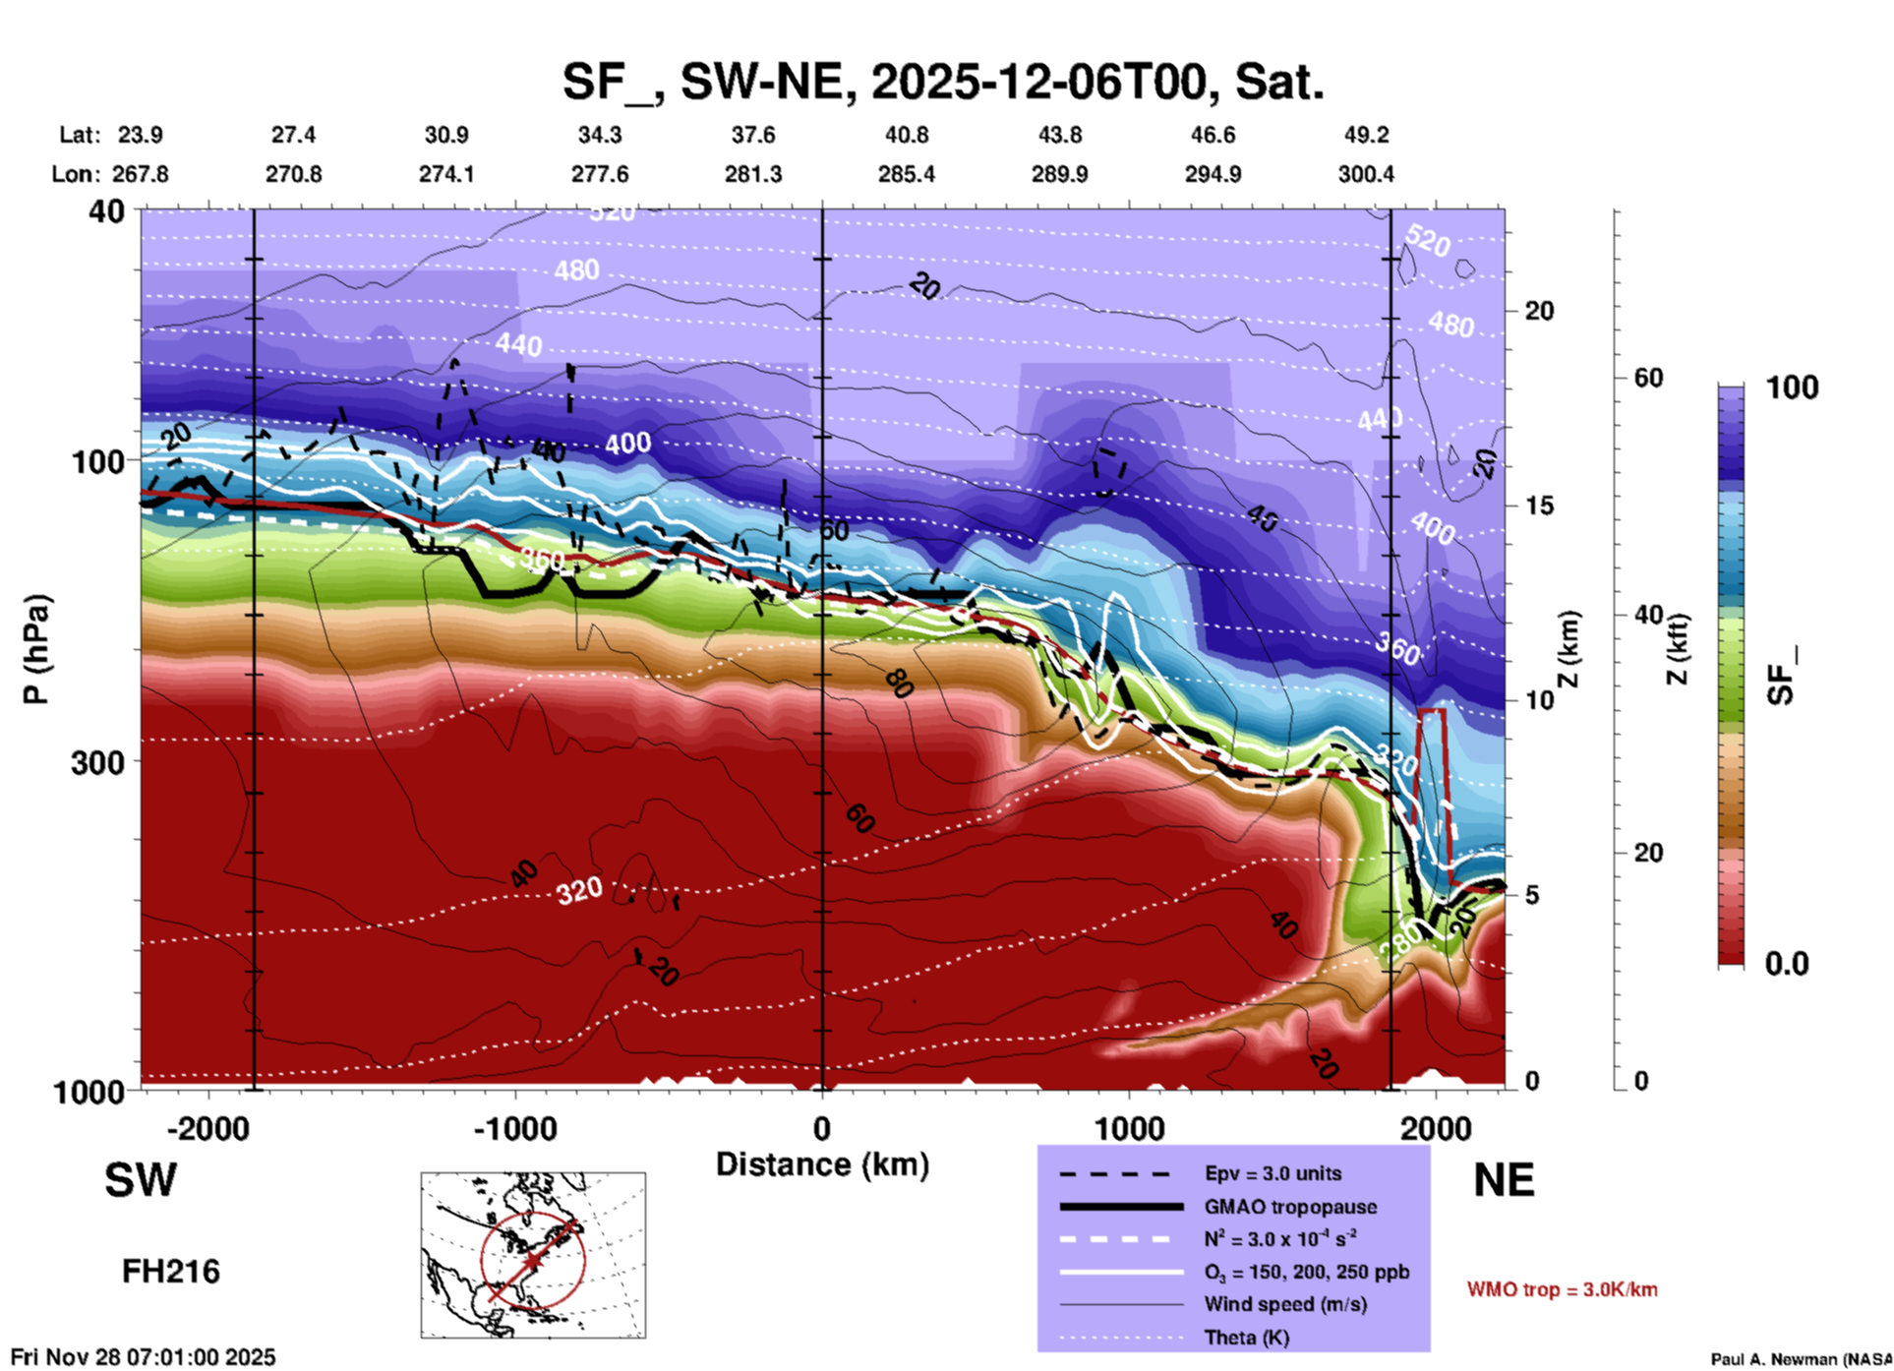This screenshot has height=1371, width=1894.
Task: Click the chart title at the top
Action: pyautogui.click(x=943, y=82)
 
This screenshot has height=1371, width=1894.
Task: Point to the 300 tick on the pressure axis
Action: pyautogui.click(x=98, y=761)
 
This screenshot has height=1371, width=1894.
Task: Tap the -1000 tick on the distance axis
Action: pyautogui.click(x=515, y=1129)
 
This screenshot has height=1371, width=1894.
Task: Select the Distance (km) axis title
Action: pyautogui.click(x=822, y=1164)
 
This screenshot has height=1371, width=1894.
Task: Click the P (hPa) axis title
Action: pyautogui.click(x=36, y=649)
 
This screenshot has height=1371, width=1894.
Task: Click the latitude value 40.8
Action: pyautogui.click(x=906, y=135)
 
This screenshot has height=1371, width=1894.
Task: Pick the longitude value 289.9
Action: pyautogui.click(x=1059, y=174)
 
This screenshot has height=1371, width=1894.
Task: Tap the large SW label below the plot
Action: pyautogui.click(x=141, y=1180)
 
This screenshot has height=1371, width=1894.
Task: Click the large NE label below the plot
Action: pyautogui.click(x=1504, y=1180)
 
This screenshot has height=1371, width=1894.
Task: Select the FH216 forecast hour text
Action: pyautogui.click(x=171, y=1272)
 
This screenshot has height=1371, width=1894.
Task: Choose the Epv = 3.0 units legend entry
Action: pyautogui.click(x=1273, y=1173)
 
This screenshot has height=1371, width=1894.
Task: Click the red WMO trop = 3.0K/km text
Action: pyautogui.click(x=1562, y=1289)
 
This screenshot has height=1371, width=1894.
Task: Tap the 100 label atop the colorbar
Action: pyautogui.click(x=1792, y=387)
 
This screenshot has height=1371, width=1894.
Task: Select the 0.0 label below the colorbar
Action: pyautogui.click(x=1786, y=964)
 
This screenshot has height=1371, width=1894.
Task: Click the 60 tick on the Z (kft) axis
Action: pyautogui.click(x=1648, y=378)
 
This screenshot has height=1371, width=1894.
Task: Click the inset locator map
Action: pyautogui.click(x=533, y=1255)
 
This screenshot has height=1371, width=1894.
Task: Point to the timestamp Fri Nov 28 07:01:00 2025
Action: pyautogui.click(x=144, y=1357)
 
